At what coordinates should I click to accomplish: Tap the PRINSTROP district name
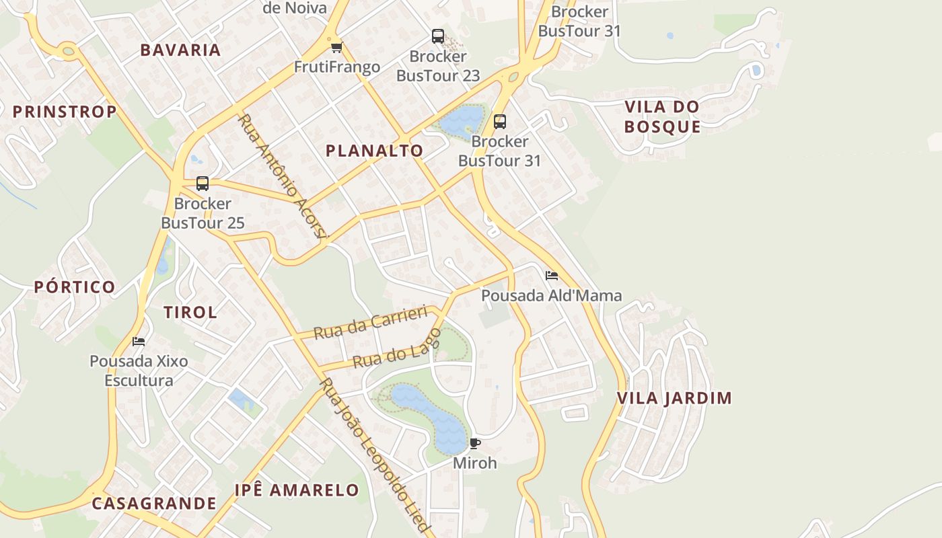[65, 112]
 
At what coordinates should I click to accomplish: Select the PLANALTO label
[374, 151]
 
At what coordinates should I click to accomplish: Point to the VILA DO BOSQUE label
[663, 116]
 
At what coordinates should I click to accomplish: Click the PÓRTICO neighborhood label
[75, 287]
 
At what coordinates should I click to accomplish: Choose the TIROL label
[190, 312]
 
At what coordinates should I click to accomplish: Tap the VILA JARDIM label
[674, 398]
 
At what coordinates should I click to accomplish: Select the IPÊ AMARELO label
[297, 490]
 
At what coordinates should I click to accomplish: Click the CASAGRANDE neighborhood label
[154, 503]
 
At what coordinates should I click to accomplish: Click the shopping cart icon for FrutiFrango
[336, 47]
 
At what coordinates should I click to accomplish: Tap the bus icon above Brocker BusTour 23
[438, 36]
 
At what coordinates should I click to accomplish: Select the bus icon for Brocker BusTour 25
[203, 183]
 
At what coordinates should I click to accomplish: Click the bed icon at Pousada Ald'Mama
[552, 276]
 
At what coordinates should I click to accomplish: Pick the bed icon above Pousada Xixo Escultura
[139, 341]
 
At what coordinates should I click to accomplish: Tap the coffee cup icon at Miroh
[475, 443]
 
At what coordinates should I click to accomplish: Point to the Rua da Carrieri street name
[371, 322]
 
